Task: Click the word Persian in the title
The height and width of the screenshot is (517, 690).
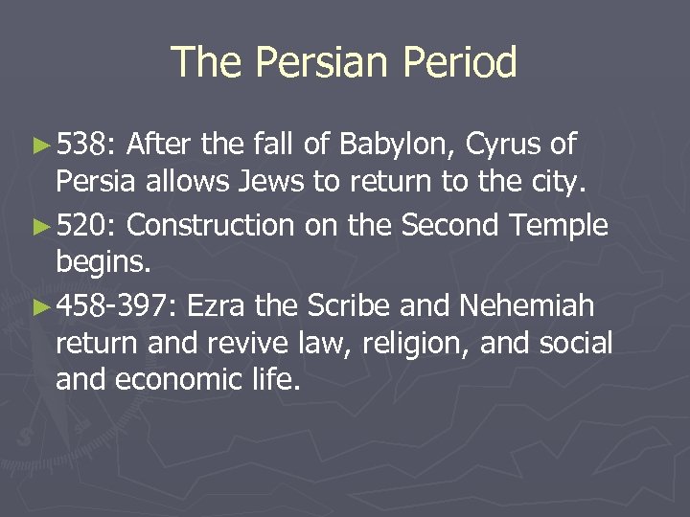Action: click(318, 63)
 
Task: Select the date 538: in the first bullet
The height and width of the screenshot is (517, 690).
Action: click(86, 146)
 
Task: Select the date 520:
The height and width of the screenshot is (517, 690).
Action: click(87, 226)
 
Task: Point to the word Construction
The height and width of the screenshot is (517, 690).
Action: click(210, 226)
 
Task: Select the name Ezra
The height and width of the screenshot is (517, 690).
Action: click(218, 306)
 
